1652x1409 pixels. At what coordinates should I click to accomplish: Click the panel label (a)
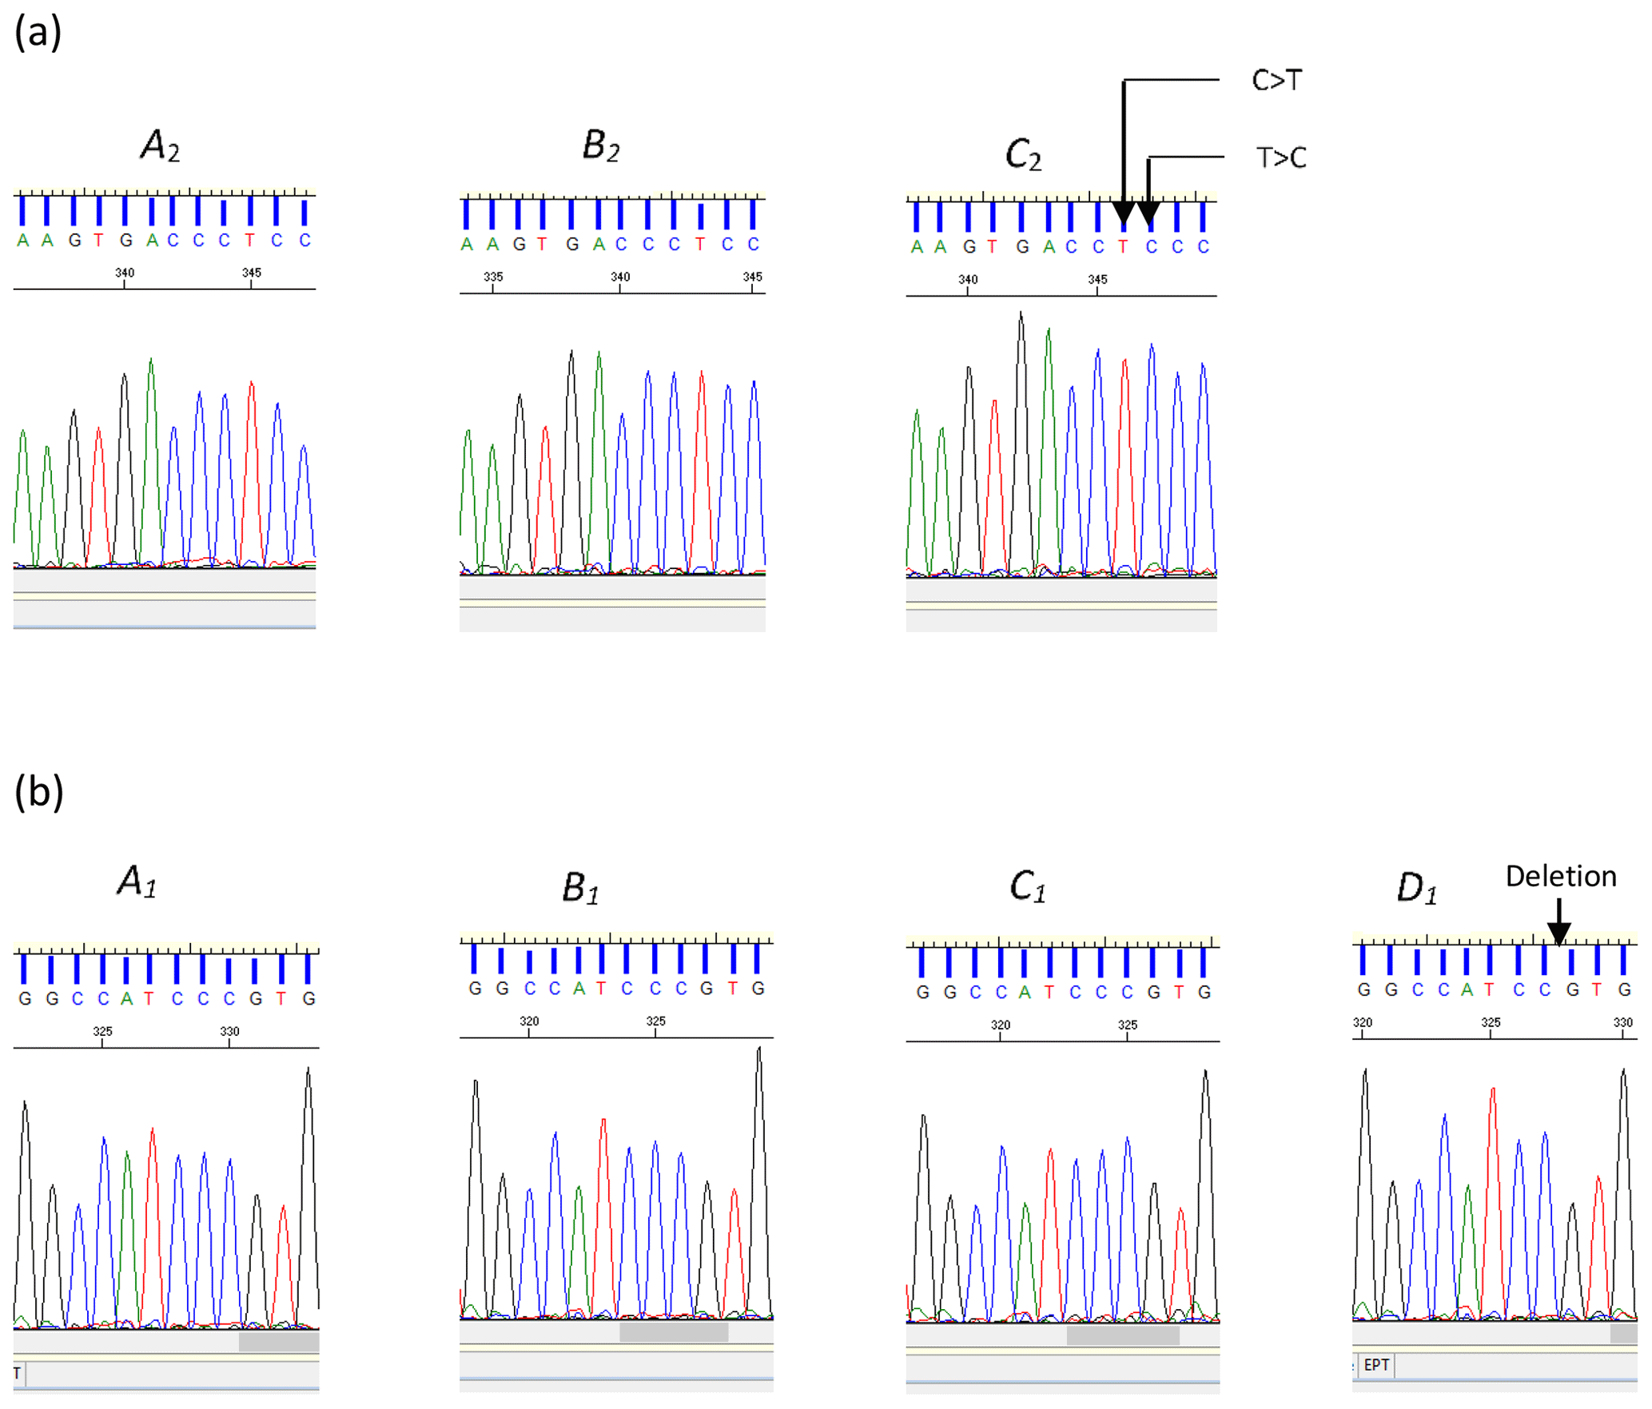coord(38,34)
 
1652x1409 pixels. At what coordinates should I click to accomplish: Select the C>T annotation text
coord(1276,81)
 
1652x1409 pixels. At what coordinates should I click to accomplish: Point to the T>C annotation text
coord(1280,157)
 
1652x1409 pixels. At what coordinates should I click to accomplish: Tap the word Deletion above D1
coord(1560,877)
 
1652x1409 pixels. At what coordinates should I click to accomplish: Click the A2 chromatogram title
coord(160,146)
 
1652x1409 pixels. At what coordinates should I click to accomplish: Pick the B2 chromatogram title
coord(601,146)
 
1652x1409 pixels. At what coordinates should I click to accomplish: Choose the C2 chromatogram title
coord(1023,154)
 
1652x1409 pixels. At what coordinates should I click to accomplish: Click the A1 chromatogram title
coord(137,882)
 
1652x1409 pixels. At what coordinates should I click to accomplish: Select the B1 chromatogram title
coord(580,888)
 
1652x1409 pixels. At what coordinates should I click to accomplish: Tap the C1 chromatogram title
coord(1027,886)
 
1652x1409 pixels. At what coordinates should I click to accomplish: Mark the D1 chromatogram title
coord(1416,888)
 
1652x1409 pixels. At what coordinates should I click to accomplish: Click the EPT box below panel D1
coord(1376,1365)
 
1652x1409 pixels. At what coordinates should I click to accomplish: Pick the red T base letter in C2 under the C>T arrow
coord(1123,247)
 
